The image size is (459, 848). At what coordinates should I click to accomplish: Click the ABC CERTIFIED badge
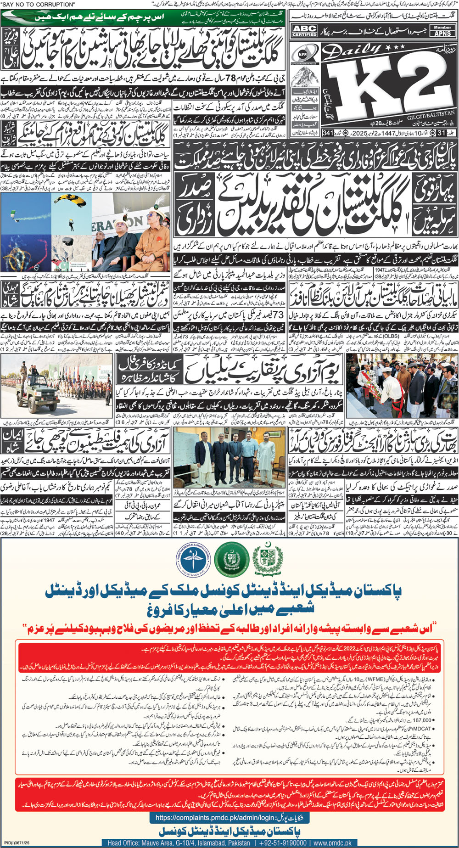(x=304, y=31)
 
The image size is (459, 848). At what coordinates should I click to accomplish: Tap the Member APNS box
(x=442, y=31)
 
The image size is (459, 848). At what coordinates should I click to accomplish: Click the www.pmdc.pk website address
(x=333, y=843)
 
